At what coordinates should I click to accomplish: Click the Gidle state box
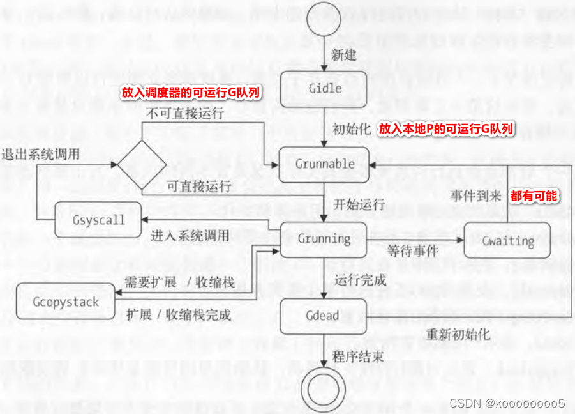tap(324, 88)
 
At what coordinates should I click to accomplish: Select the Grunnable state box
tap(324, 164)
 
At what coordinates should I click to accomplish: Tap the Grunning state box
tap(324, 239)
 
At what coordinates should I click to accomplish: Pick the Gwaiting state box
tap(508, 241)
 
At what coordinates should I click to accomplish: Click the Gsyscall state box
tap(98, 220)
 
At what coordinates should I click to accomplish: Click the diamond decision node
tap(142, 164)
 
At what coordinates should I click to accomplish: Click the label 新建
tap(343, 54)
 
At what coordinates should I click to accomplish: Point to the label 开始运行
tap(359, 204)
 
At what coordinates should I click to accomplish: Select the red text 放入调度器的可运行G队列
tap(191, 93)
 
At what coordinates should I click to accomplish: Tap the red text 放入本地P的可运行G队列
tap(446, 128)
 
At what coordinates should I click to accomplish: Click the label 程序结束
tap(358, 356)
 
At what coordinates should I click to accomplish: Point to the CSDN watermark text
tap(507, 403)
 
